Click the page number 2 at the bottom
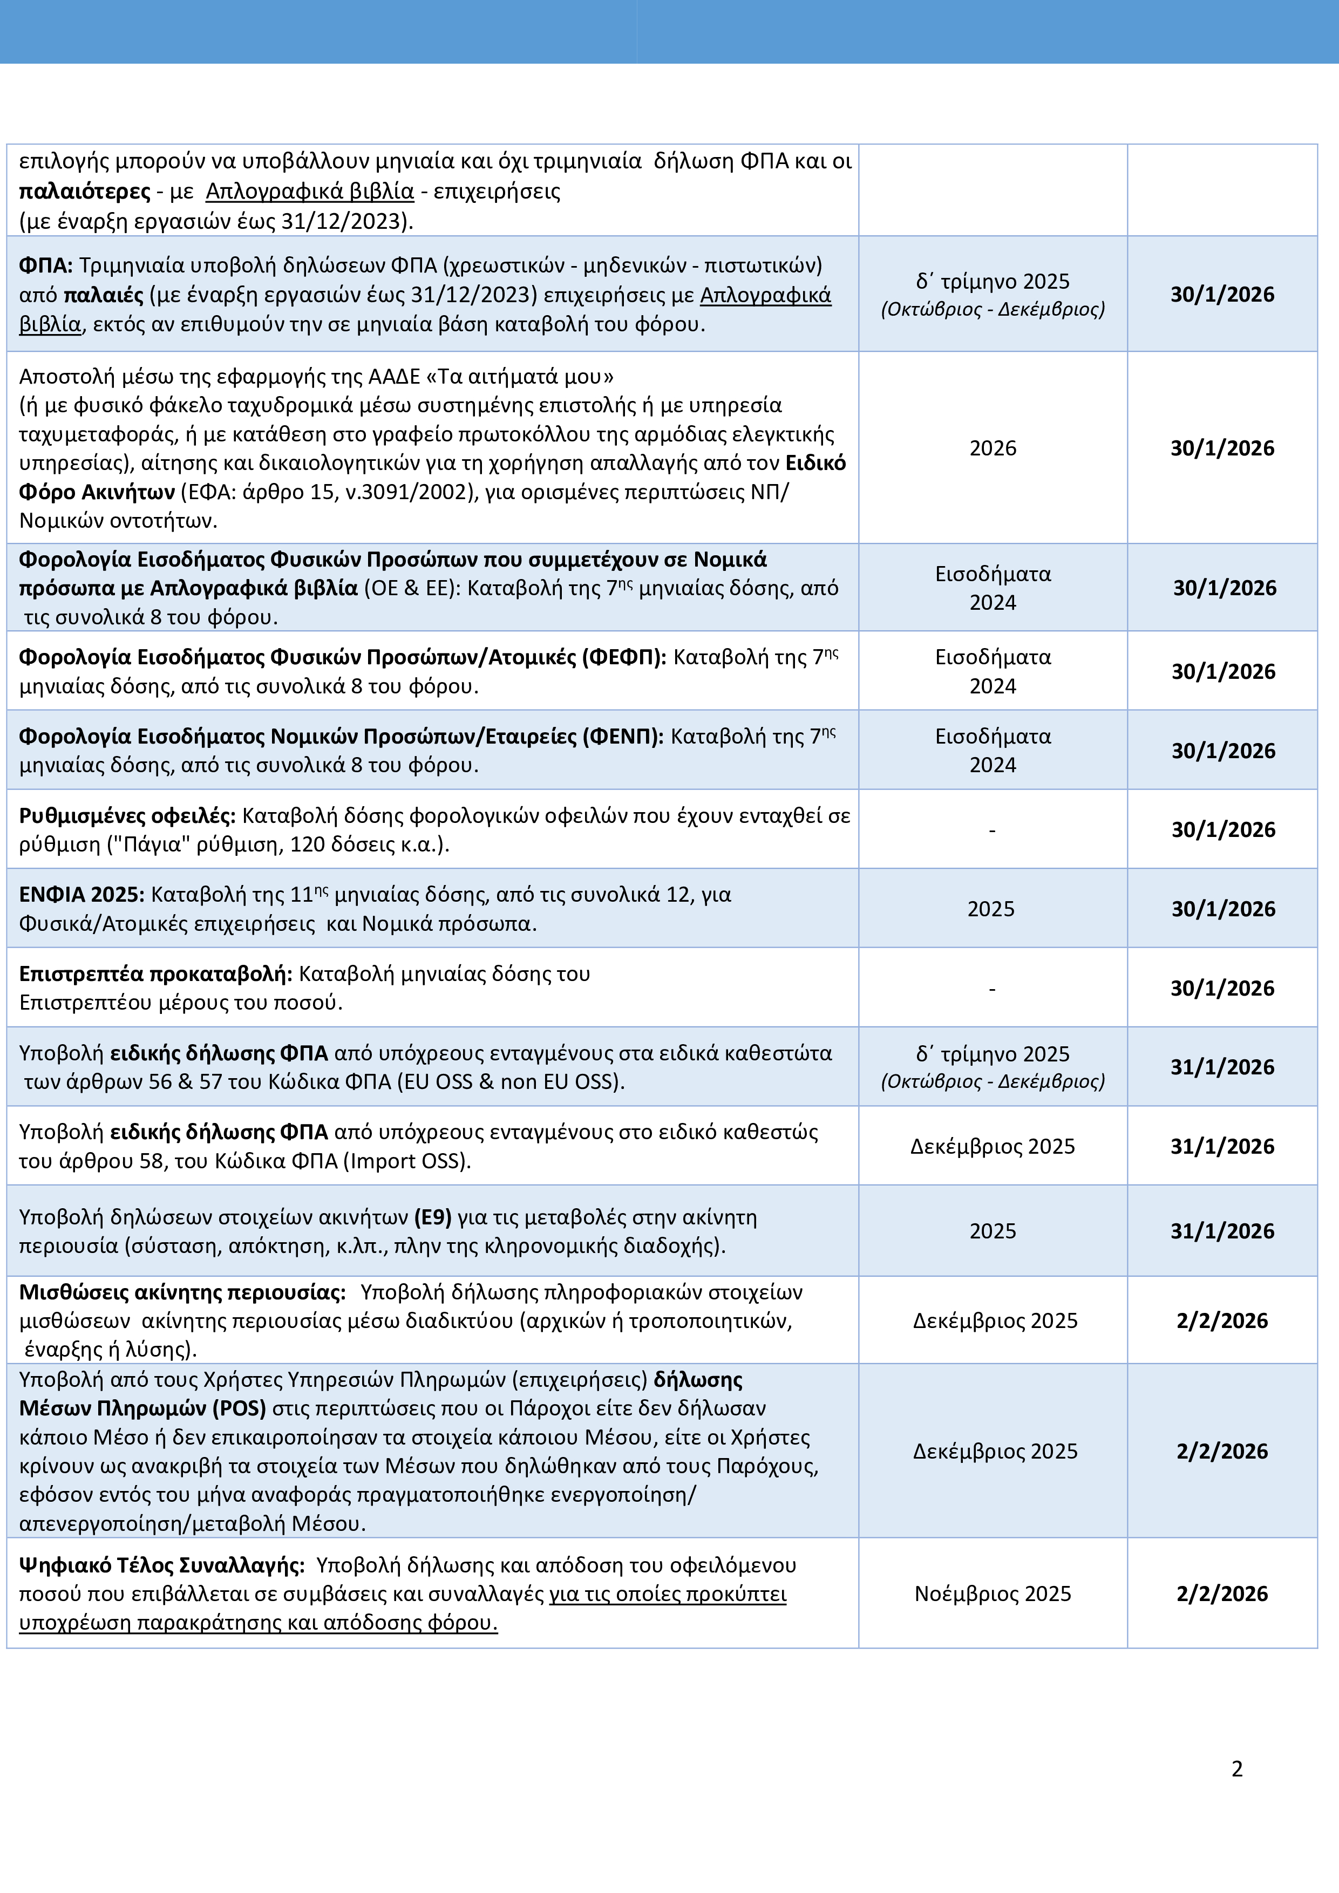pyautogui.click(x=1237, y=1768)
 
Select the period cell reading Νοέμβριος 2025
pyautogui.click(x=993, y=1594)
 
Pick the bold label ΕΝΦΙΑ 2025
pyautogui.click(x=81, y=895)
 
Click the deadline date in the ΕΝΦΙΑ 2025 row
pyautogui.click(x=1223, y=909)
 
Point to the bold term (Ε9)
pyautogui.click(x=433, y=1217)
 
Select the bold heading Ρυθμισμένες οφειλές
pyautogui.click(x=127, y=815)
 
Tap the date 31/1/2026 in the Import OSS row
pyautogui.click(x=1222, y=1146)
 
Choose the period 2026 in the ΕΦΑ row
pyautogui.click(x=993, y=448)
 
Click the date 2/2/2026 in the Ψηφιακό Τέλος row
pyautogui.click(x=1222, y=1594)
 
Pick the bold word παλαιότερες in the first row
pyautogui.click(x=85, y=191)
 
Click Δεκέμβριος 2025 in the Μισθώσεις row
pyautogui.click(x=994, y=1321)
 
